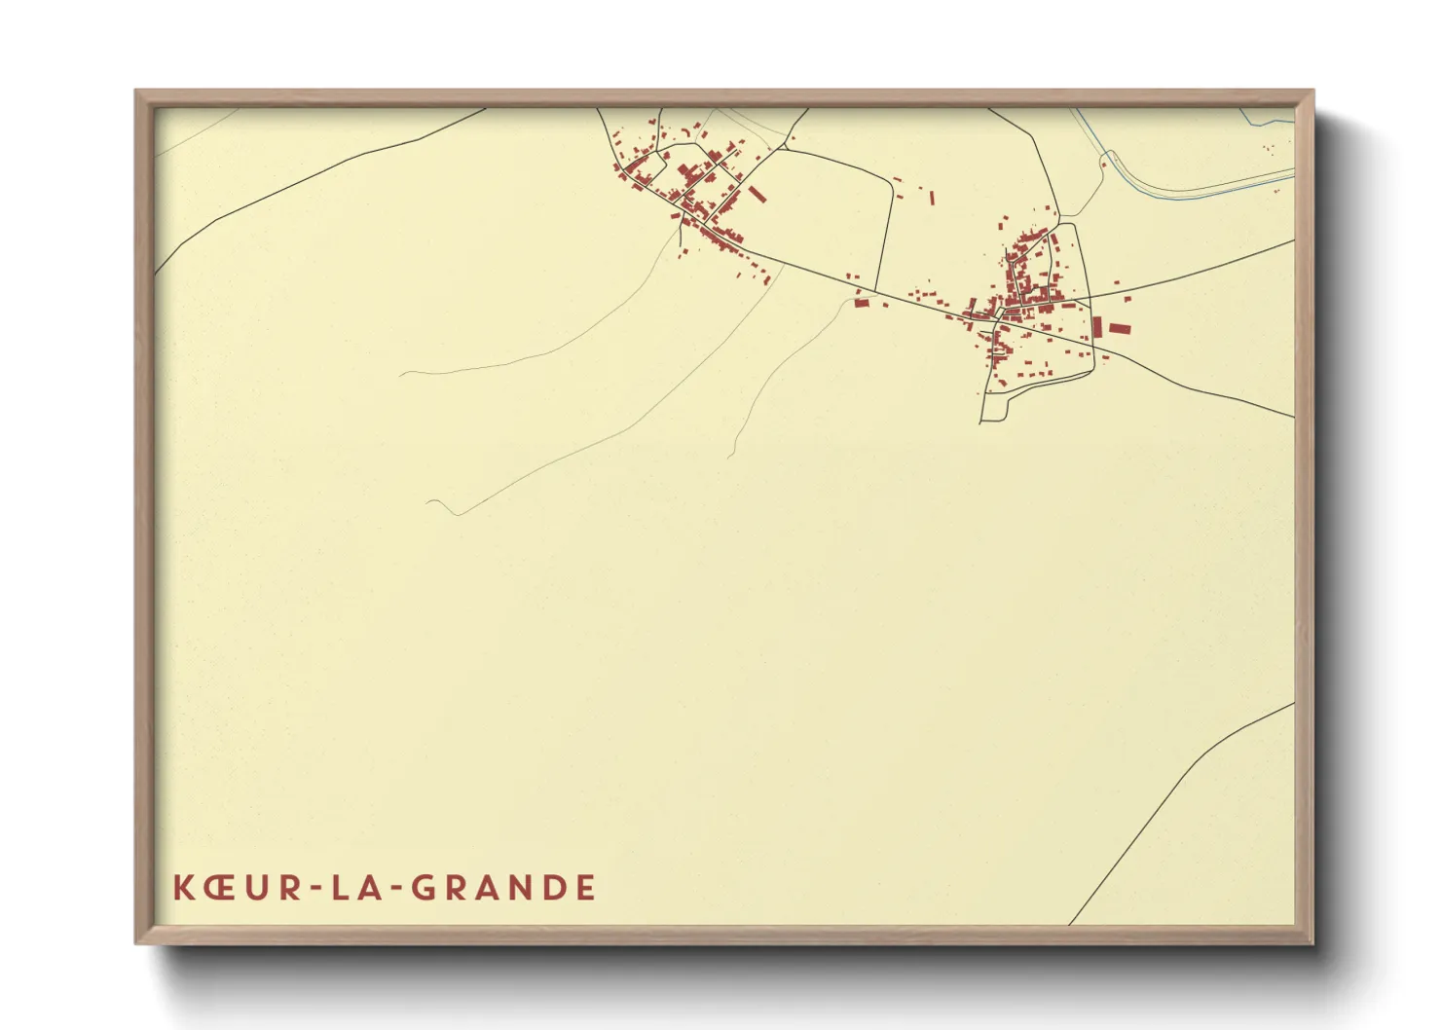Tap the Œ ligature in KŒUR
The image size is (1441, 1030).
(x=219, y=888)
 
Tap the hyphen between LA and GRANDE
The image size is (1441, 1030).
(x=396, y=889)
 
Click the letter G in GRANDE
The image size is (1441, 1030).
(x=425, y=888)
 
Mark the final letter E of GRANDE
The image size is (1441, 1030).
(x=585, y=888)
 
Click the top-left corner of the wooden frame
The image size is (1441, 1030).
(x=137, y=92)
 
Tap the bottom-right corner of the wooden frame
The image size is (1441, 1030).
(x=1312, y=941)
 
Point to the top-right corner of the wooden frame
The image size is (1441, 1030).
(x=1312, y=92)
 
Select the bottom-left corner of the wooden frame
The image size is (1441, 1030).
(x=137, y=941)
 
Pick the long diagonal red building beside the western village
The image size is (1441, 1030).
(x=757, y=195)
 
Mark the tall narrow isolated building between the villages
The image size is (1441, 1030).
(x=932, y=198)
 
